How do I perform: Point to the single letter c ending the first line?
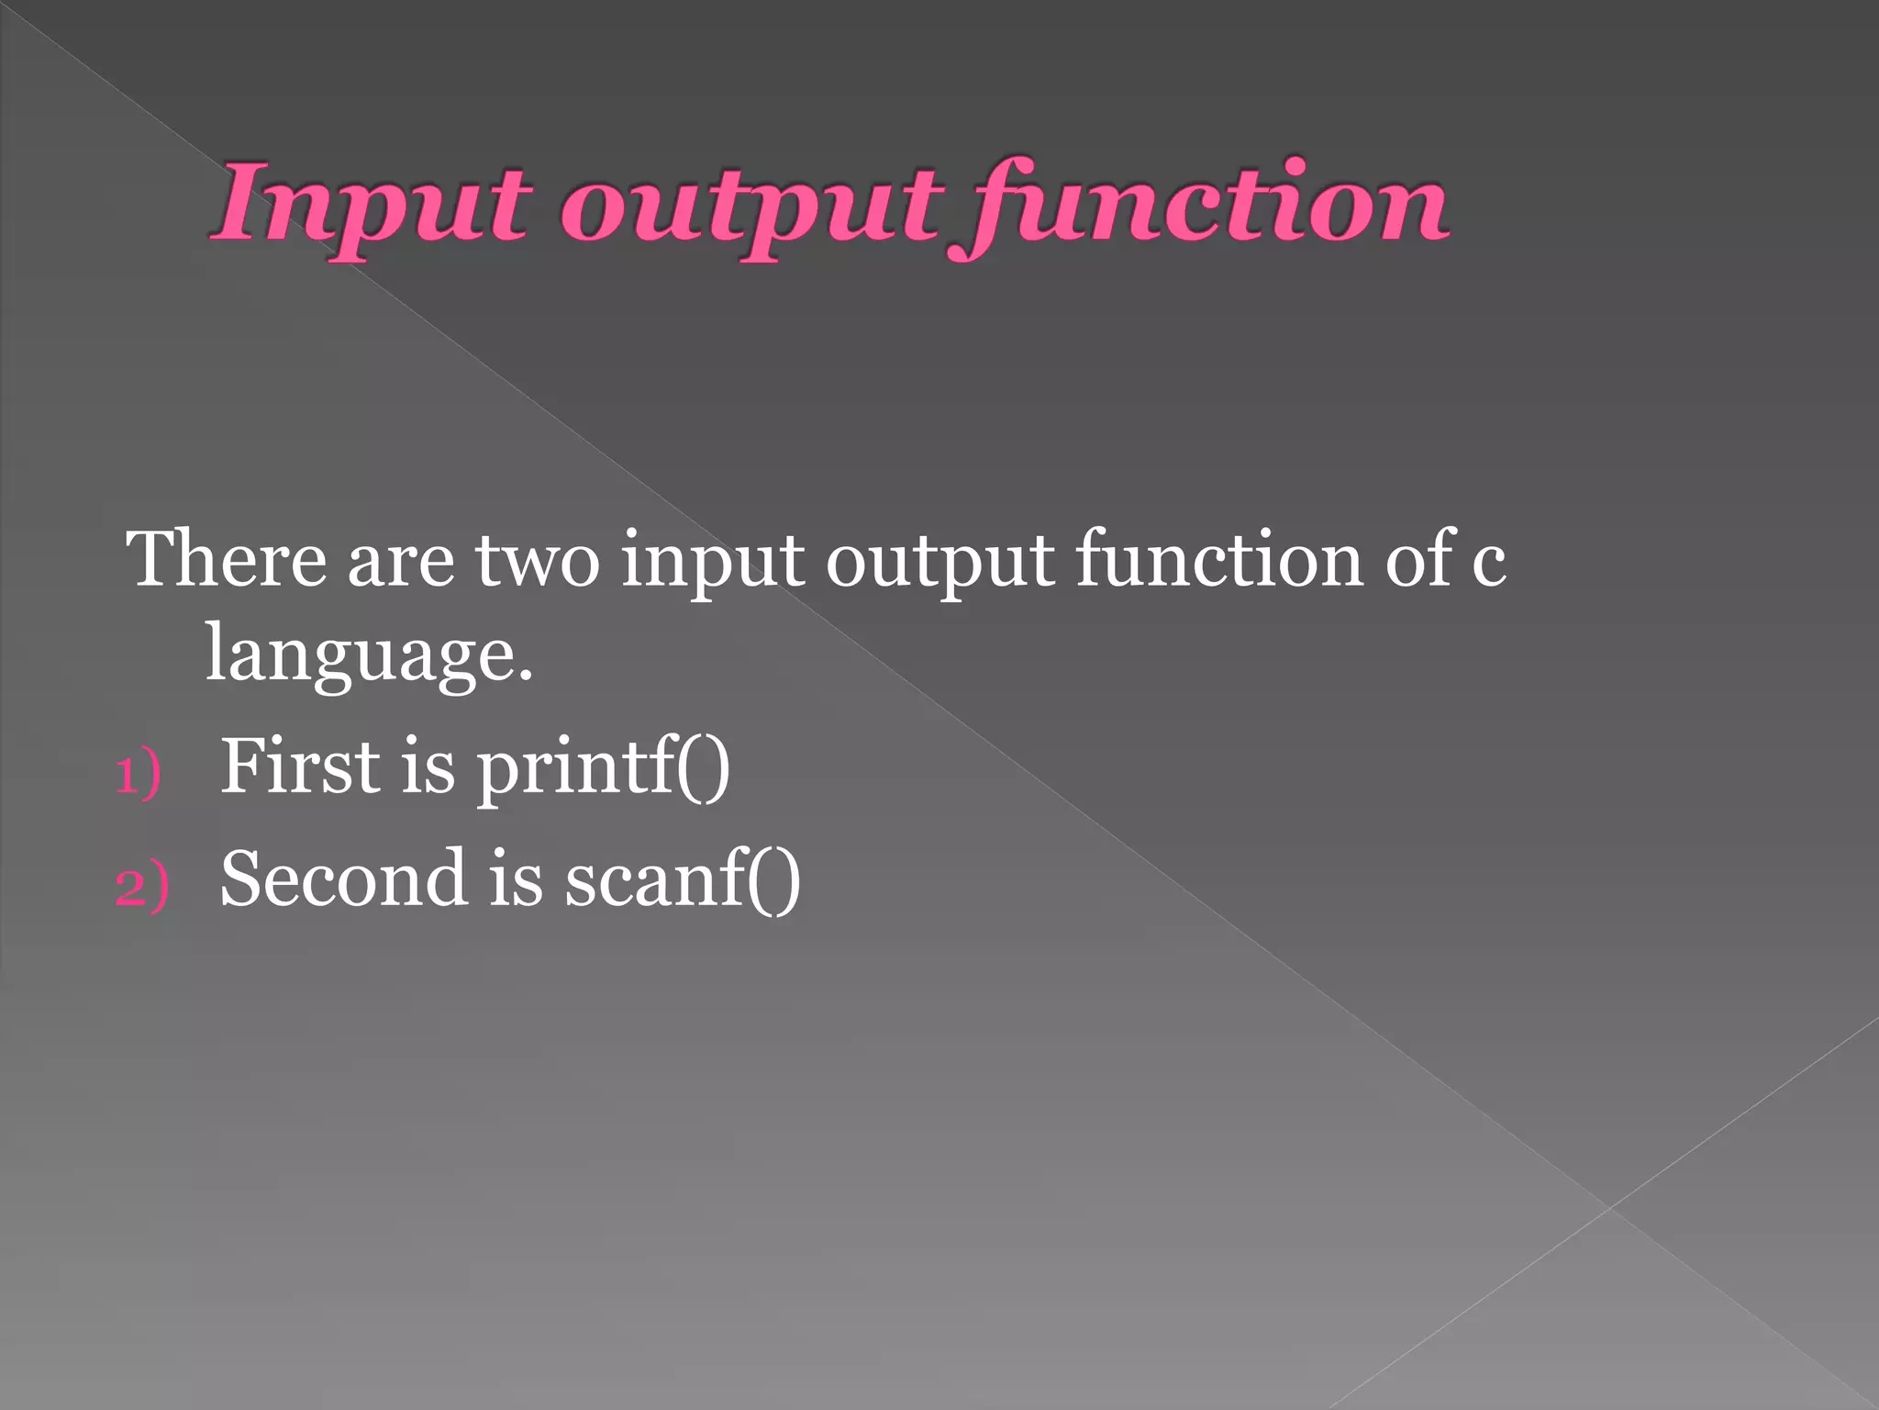pos(1488,564)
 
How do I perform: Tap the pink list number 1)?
pos(139,773)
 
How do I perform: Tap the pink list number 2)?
pos(141,887)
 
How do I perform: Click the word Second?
pos(343,878)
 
